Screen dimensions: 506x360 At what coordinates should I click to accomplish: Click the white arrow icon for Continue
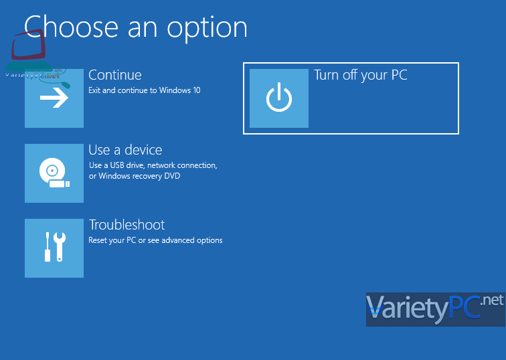click(x=54, y=98)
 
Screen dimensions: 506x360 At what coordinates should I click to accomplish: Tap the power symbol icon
click(x=279, y=98)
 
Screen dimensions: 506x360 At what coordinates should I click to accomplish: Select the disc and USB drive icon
click(x=54, y=173)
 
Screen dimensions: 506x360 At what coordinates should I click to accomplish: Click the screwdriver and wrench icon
click(x=55, y=247)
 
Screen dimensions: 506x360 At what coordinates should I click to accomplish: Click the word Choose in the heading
click(x=72, y=27)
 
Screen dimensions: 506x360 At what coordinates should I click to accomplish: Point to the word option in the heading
click(x=207, y=29)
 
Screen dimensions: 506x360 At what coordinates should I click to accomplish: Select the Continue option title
click(x=115, y=75)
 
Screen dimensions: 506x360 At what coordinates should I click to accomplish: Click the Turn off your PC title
click(x=361, y=75)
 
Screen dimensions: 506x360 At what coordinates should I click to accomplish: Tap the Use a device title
click(x=125, y=150)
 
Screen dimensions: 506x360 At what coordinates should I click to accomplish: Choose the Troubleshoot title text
click(x=126, y=225)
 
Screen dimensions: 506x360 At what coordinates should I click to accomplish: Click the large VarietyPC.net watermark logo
click(x=435, y=309)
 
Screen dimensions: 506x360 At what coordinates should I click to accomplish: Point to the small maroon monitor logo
click(x=28, y=44)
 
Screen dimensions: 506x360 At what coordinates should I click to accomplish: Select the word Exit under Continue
click(x=94, y=90)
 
